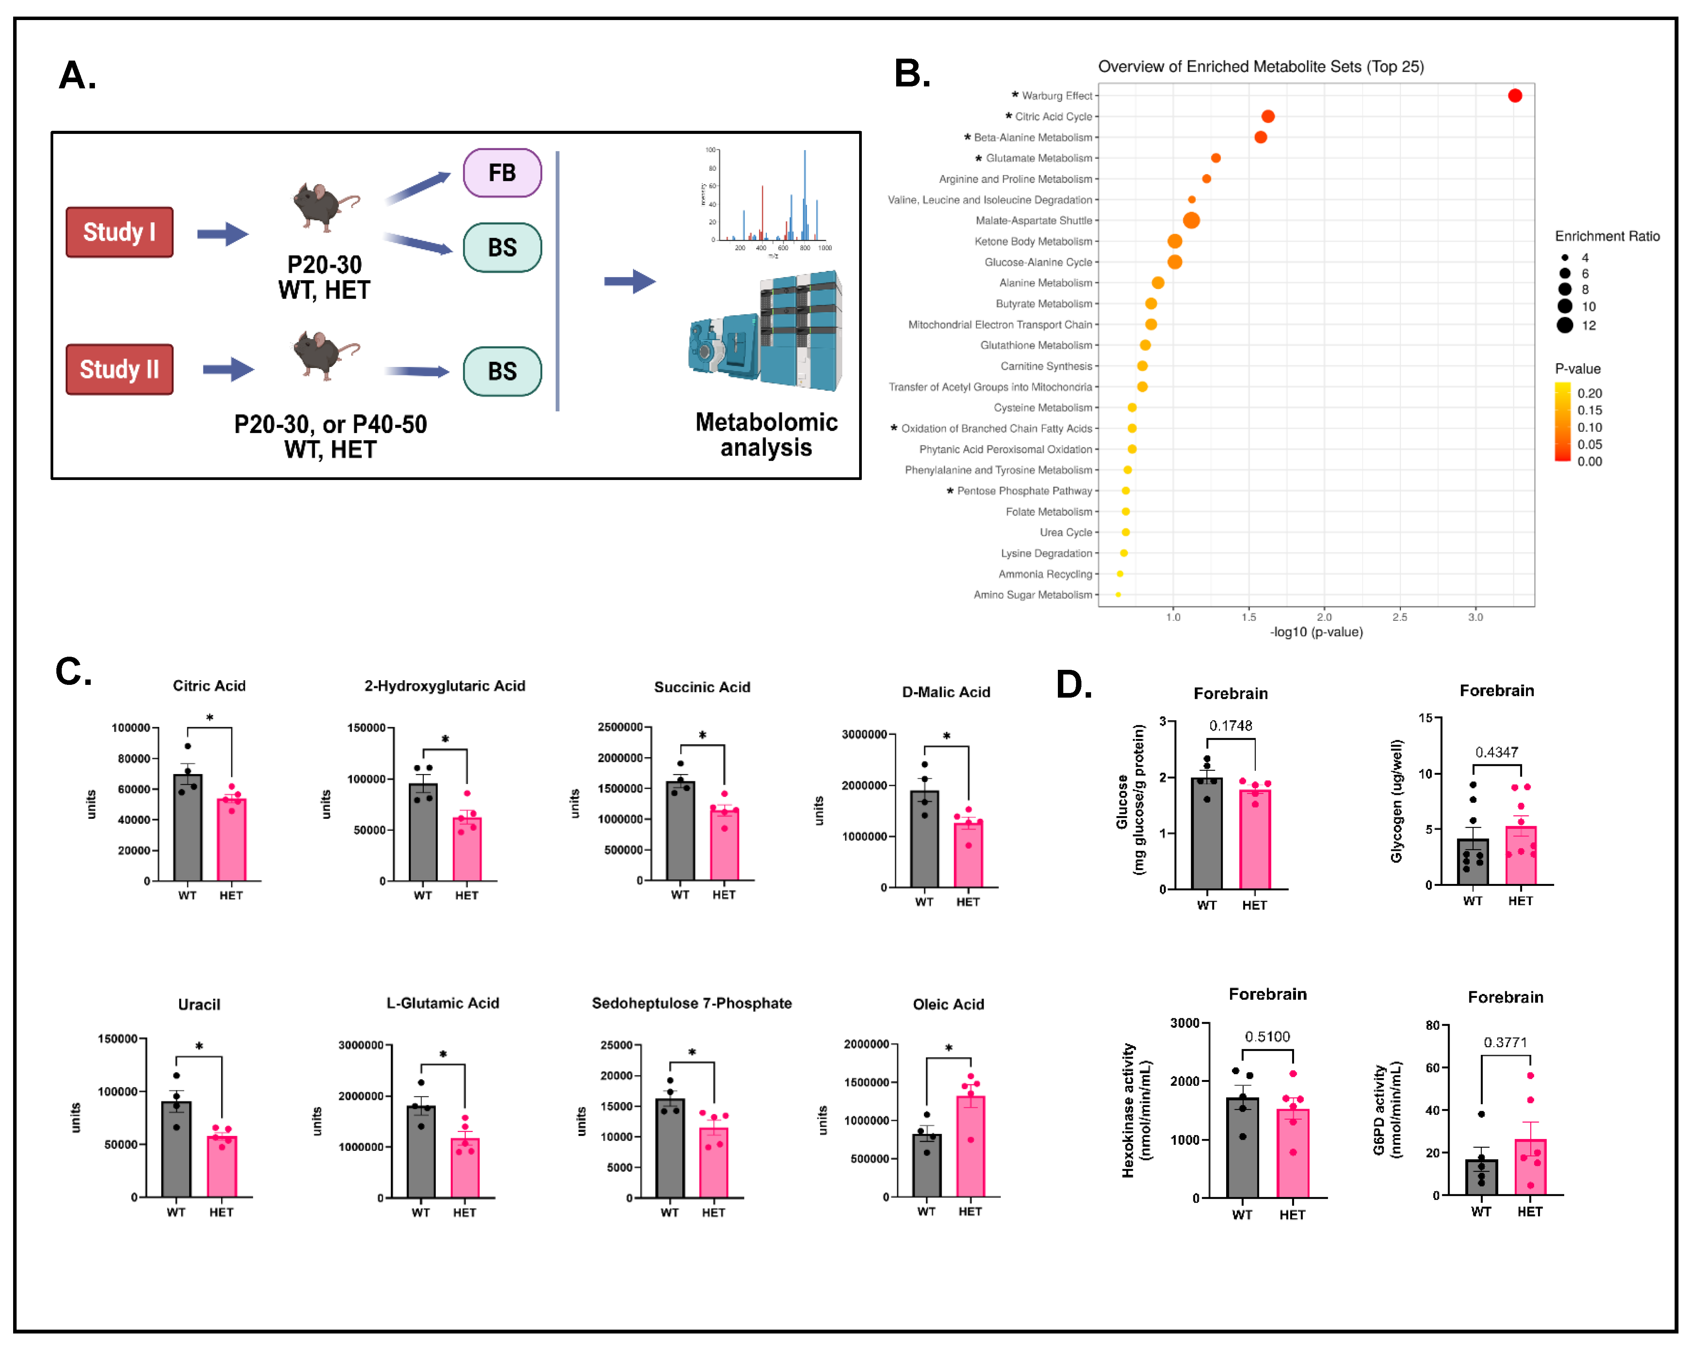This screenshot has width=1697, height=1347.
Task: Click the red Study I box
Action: pos(120,232)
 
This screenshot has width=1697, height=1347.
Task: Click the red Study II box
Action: pos(120,369)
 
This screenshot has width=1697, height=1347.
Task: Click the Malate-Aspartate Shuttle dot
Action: pos(1191,220)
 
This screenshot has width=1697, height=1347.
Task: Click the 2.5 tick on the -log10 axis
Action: pos(1399,617)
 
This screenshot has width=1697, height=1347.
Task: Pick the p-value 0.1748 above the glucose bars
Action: pos(1230,725)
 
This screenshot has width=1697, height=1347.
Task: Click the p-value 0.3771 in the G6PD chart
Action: pos(1505,1043)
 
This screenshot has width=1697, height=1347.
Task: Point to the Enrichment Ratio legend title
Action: pos(1606,236)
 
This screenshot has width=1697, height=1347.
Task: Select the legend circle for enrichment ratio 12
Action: pos(1565,325)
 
